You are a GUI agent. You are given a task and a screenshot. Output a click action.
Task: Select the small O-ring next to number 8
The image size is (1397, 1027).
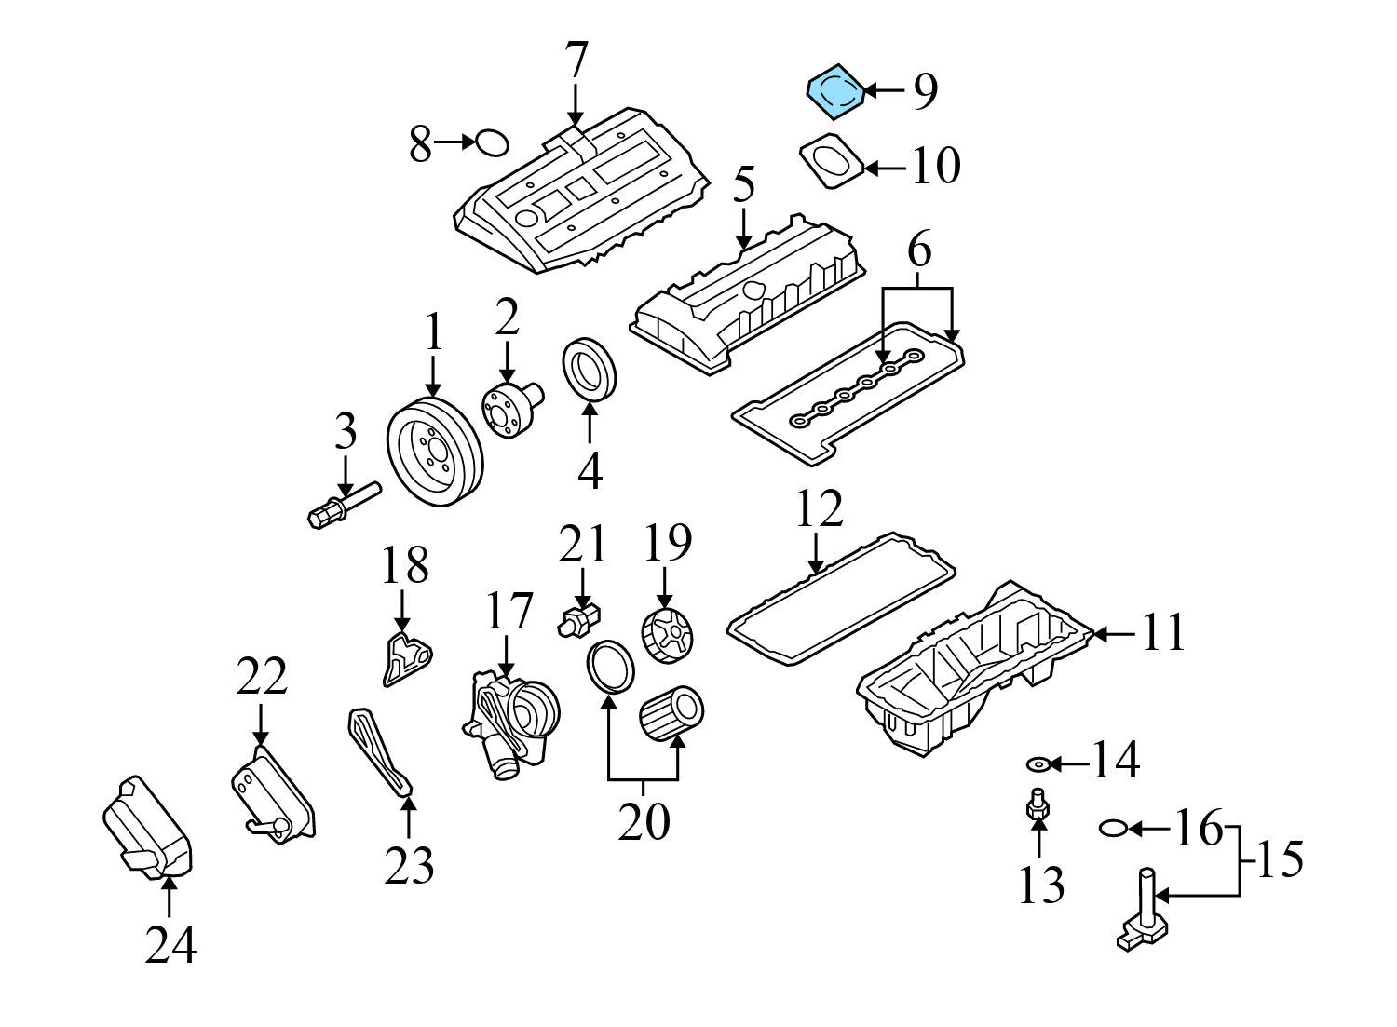pos(492,143)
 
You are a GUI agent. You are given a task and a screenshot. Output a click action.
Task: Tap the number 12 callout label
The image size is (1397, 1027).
pos(819,510)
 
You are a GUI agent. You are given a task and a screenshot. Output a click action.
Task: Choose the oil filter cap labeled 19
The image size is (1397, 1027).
pos(668,637)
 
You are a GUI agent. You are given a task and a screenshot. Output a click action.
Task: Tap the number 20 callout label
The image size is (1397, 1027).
pos(644,821)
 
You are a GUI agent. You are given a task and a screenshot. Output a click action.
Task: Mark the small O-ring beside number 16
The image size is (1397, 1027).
pos(1114,827)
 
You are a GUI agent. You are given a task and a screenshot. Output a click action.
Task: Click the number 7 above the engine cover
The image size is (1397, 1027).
pos(576,61)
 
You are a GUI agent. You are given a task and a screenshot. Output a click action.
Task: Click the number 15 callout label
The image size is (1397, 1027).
pos(1280,858)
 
